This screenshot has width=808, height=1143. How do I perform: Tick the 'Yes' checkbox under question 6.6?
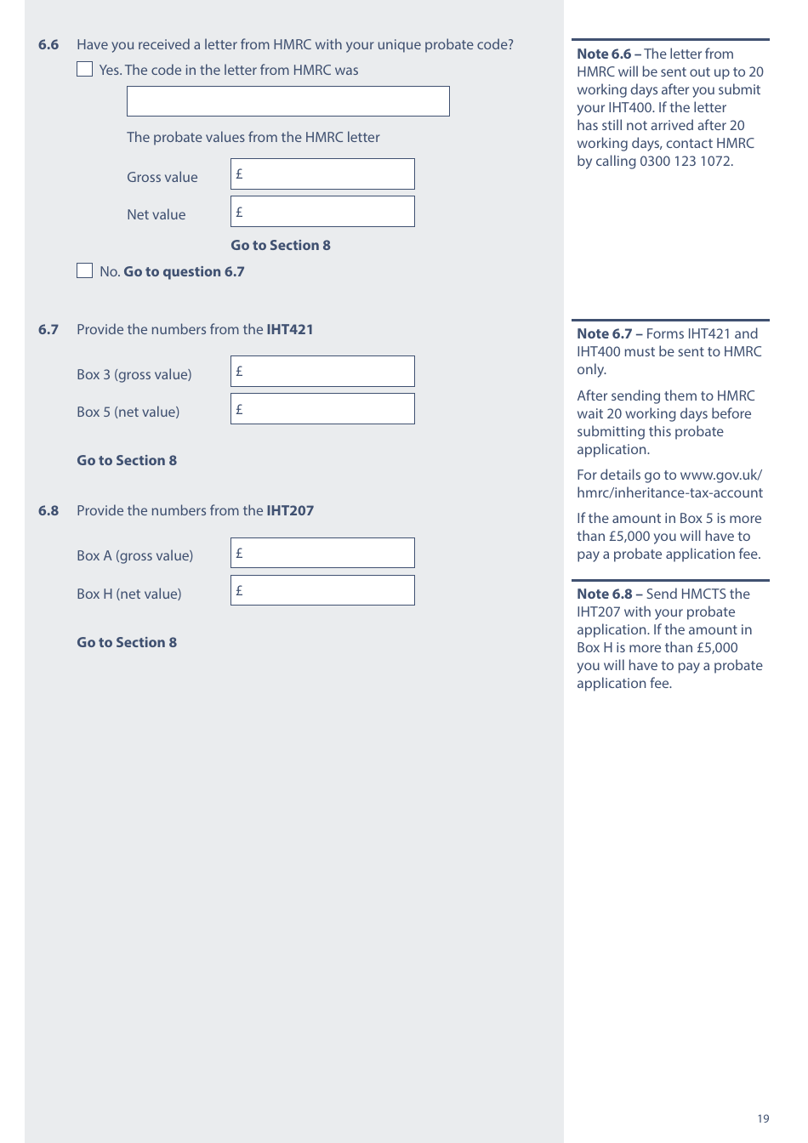tap(85, 70)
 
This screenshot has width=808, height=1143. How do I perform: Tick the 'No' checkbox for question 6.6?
tap(85, 271)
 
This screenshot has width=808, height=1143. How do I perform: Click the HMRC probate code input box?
tap(287, 101)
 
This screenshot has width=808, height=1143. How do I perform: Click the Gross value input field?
tap(322, 174)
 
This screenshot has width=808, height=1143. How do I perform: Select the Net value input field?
tap(322, 212)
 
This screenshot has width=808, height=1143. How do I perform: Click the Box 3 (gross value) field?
tap(322, 372)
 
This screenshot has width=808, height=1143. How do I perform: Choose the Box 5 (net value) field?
tap(322, 409)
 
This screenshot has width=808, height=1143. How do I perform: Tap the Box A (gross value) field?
tap(322, 553)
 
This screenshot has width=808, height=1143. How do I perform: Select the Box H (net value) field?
tap(322, 590)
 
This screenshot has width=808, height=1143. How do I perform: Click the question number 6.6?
tap(48, 45)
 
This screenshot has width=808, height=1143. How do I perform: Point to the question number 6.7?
tap(48, 330)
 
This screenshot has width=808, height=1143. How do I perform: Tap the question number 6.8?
tap(48, 511)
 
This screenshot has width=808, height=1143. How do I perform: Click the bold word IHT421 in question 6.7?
tap(290, 330)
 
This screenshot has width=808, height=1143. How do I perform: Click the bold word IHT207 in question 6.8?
tap(290, 511)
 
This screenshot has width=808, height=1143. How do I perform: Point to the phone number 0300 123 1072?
tap(684, 162)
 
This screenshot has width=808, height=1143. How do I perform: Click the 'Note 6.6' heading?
tap(604, 54)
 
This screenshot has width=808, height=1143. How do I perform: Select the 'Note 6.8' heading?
tap(605, 594)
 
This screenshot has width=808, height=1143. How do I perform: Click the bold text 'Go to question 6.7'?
tap(184, 272)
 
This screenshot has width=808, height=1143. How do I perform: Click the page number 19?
tap(763, 1119)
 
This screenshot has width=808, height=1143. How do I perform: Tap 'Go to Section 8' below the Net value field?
tap(281, 246)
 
